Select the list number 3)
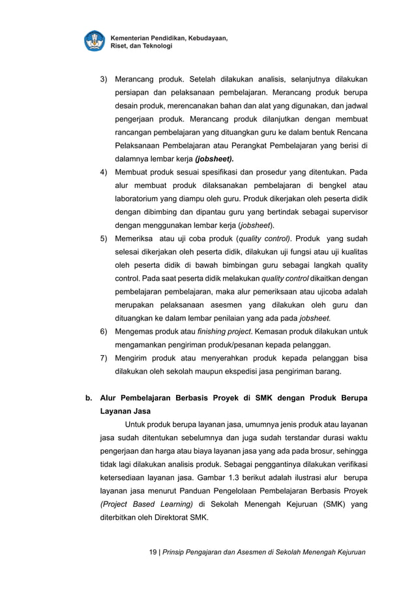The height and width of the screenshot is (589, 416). click(x=104, y=80)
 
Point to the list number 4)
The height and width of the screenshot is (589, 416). click(x=104, y=172)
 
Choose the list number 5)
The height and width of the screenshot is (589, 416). click(x=104, y=238)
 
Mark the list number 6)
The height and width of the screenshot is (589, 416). click(x=104, y=332)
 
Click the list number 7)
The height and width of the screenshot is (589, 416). click(x=104, y=358)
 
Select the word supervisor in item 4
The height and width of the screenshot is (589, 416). click(x=346, y=212)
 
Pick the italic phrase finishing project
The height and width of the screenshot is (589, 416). click(x=206, y=332)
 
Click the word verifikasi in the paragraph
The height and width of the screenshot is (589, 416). click(x=348, y=464)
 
